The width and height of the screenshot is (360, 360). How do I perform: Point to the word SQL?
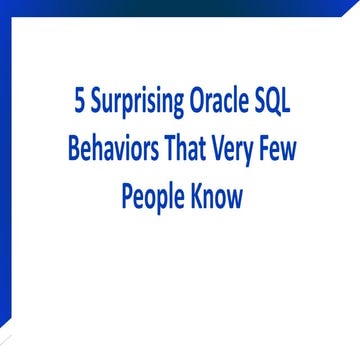coord(278,103)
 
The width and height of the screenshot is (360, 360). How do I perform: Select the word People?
coord(151,197)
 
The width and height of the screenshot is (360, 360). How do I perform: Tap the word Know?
coord(215,197)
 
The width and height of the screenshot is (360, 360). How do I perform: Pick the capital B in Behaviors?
coord(73,151)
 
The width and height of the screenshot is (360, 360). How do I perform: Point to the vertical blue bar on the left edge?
coord(6,180)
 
